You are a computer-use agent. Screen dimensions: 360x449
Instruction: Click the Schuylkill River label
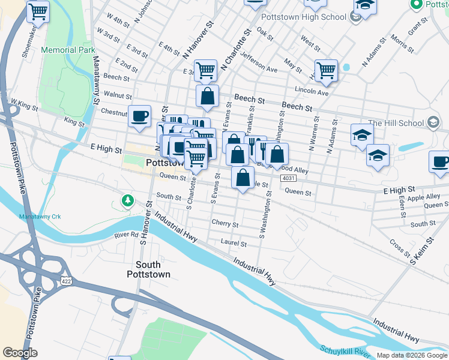click(x=346, y=350)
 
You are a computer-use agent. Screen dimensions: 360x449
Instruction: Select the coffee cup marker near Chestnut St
click(x=139, y=116)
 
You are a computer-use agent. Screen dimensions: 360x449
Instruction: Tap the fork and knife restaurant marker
click(x=255, y=146)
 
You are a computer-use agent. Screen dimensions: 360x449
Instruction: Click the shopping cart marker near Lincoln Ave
click(x=326, y=70)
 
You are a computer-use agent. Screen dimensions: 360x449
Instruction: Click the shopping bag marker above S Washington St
click(x=243, y=178)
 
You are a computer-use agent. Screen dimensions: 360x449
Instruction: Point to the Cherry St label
click(x=225, y=223)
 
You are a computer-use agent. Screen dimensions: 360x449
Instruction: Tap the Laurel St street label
click(x=234, y=244)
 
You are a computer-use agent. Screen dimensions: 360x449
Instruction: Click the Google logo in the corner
click(x=20, y=353)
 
